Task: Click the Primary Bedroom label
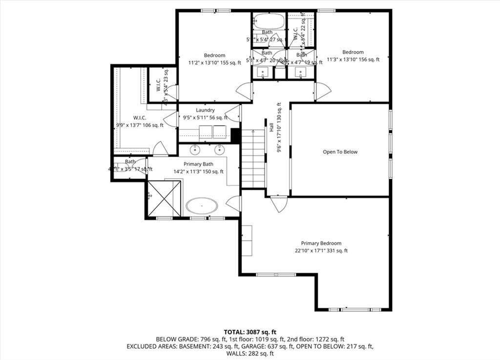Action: pyautogui.click(x=321, y=243)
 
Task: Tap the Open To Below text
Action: pyautogui.click(x=340, y=152)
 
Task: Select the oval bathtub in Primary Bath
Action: pyautogui.click(x=202, y=206)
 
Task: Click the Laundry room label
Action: pyautogui.click(x=205, y=110)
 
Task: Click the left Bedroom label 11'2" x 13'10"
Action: pyautogui.click(x=214, y=62)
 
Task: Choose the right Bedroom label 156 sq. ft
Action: pyautogui.click(x=353, y=60)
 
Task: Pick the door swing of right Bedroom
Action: pyautogui.click(x=322, y=91)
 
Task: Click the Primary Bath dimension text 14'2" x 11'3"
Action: pyautogui.click(x=198, y=171)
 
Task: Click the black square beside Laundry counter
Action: pyautogui.click(x=235, y=135)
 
